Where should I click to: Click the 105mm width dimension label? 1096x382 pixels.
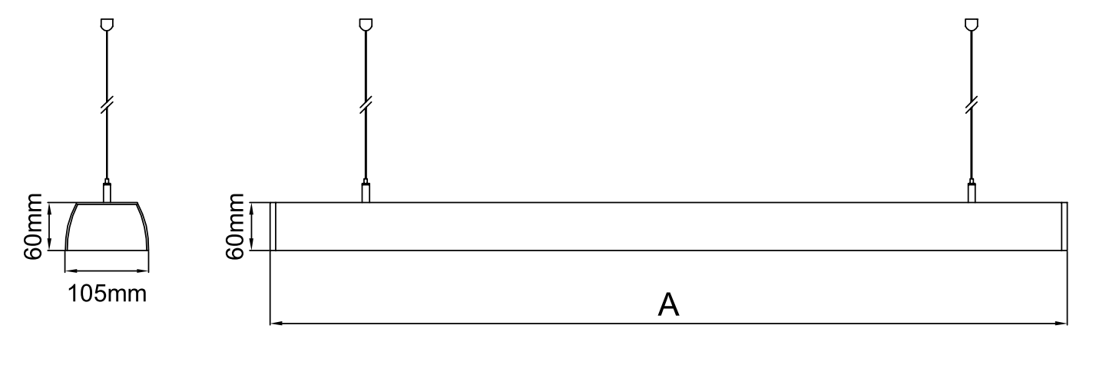pyautogui.click(x=108, y=294)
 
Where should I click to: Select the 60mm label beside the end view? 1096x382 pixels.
pyautogui.click(x=33, y=226)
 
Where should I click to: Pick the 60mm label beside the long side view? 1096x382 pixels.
pyautogui.click(x=235, y=226)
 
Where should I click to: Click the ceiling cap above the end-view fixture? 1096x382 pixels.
pyautogui.click(x=107, y=24)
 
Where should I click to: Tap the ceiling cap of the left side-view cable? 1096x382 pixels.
pyautogui.click(x=366, y=24)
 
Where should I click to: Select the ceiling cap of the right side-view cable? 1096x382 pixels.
pyautogui.click(x=972, y=24)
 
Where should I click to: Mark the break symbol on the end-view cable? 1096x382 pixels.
pyautogui.click(x=107, y=105)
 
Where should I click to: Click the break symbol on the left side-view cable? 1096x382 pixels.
pyautogui.click(x=366, y=105)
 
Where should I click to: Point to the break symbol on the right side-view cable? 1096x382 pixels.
pyautogui.click(x=972, y=105)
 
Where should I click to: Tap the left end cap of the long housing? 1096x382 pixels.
pyautogui.click(x=273, y=226)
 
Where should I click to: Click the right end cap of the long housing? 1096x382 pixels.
pyautogui.click(x=1065, y=226)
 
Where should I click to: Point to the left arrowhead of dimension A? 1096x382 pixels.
pyautogui.click(x=276, y=324)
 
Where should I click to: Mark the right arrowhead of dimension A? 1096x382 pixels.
pyautogui.click(x=1061, y=324)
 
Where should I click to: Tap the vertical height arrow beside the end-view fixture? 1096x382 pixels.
pyautogui.click(x=49, y=226)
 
